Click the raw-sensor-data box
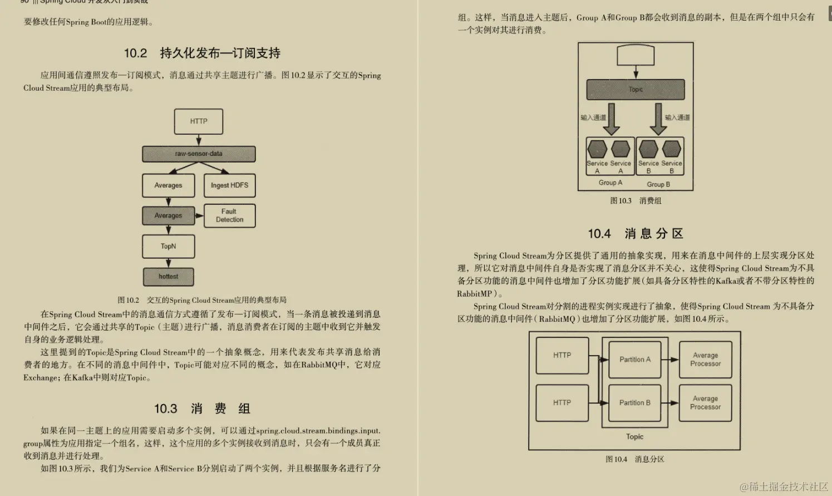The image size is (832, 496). [199, 154]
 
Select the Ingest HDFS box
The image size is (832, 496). [229, 185]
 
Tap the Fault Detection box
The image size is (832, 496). [229, 215]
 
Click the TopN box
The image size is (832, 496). [168, 246]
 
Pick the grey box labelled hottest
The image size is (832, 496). [168, 277]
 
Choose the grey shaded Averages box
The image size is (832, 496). [168, 215]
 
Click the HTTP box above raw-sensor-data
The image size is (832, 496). [199, 121]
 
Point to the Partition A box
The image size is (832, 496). [635, 360]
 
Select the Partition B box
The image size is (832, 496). [635, 402]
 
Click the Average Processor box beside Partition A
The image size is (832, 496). [705, 360]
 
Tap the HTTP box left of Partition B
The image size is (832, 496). [562, 402]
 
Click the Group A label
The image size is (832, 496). [611, 183]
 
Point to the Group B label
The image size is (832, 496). [658, 184]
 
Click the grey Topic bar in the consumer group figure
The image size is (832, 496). [636, 90]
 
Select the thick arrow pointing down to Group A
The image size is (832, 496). [612, 119]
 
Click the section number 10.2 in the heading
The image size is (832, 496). [135, 53]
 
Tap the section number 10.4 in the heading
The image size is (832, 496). [599, 234]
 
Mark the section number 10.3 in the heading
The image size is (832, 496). [165, 409]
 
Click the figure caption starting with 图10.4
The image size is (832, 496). [635, 459]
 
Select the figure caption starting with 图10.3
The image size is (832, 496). [636, 201]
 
